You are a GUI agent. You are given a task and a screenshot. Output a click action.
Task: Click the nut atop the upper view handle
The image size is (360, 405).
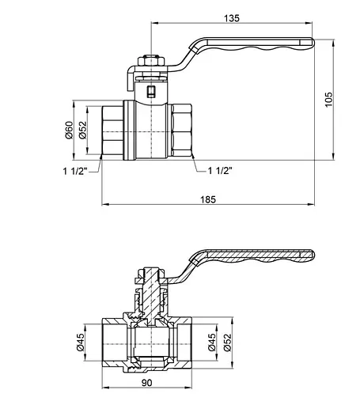(x=149, y=60)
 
